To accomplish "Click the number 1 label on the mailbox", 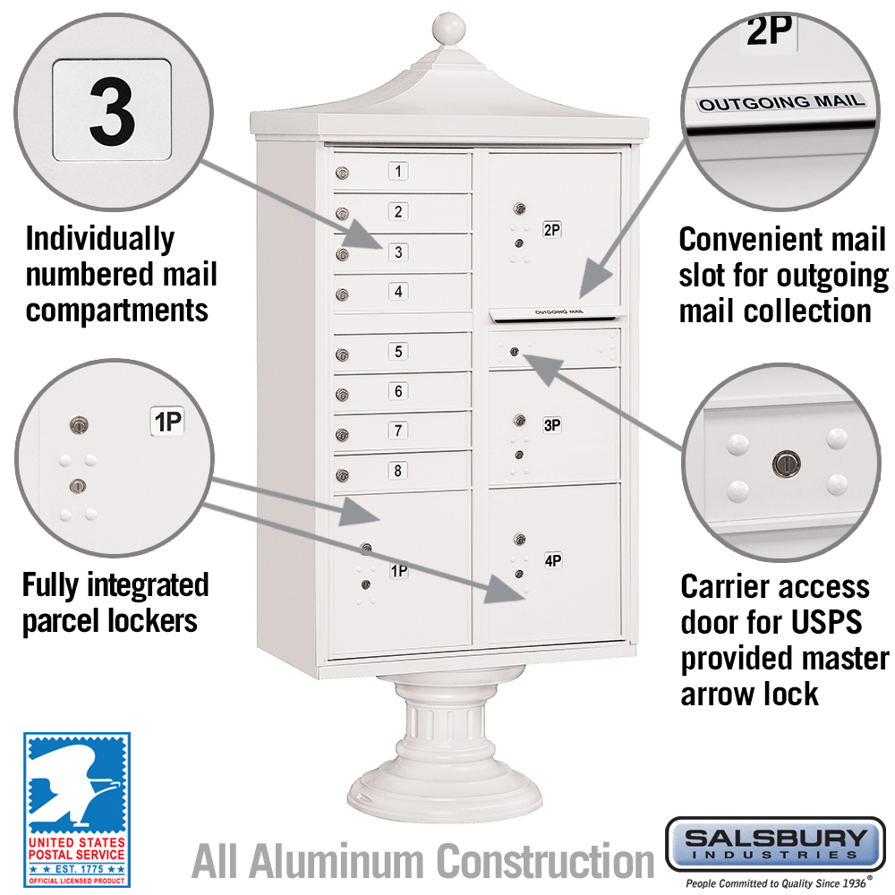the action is tap(398, 171).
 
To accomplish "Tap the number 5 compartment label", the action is tap(398, 351).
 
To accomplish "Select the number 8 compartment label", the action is tap(398, 471).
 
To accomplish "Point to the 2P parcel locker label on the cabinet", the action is tap(551, 229).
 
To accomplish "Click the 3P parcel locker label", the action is tap(551, 424).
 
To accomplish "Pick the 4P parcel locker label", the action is tap(552, 560).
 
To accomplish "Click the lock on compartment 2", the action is tap(342, 214).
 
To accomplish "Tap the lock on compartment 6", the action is tap(342, 395).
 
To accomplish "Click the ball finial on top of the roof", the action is tap(448, 28).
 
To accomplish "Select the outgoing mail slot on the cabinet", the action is tap(557, 313).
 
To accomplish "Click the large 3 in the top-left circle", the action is tap(113, 111).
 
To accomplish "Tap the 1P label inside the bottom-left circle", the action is tap(168, 422).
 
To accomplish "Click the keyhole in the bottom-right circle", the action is tap(787, 464).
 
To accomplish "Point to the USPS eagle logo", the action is tap(76, 809).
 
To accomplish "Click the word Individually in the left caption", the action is tap(100, 239).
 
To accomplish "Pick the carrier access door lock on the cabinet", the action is tap(515, 352).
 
